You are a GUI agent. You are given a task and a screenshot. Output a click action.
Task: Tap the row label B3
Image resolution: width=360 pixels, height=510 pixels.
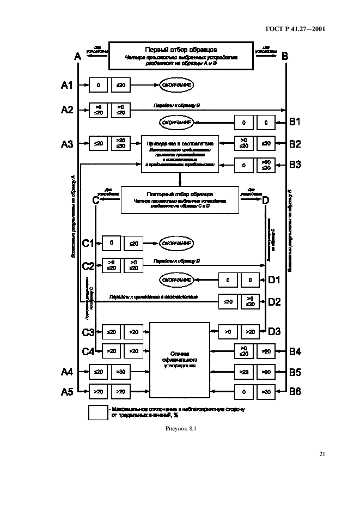point(294,163)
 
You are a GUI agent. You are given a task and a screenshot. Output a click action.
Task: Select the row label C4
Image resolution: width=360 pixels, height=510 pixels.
point(89,352)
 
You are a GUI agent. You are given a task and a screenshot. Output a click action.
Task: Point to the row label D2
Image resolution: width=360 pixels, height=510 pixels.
point(274,301)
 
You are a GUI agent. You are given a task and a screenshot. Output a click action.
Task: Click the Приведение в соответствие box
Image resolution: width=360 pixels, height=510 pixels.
point(179,154)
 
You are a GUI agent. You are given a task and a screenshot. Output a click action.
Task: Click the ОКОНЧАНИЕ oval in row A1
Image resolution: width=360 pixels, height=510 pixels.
point(175,85)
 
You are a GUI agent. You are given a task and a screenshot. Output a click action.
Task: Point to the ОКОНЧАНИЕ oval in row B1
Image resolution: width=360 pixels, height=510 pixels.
point(176,123)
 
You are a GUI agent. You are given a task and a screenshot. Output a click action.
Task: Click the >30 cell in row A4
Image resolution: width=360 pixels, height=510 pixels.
point(119,373)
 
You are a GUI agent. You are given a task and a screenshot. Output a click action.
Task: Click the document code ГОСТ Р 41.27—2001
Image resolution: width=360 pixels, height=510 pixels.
point(299,30)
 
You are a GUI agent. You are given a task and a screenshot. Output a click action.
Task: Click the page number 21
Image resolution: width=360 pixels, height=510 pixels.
point(322,453)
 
